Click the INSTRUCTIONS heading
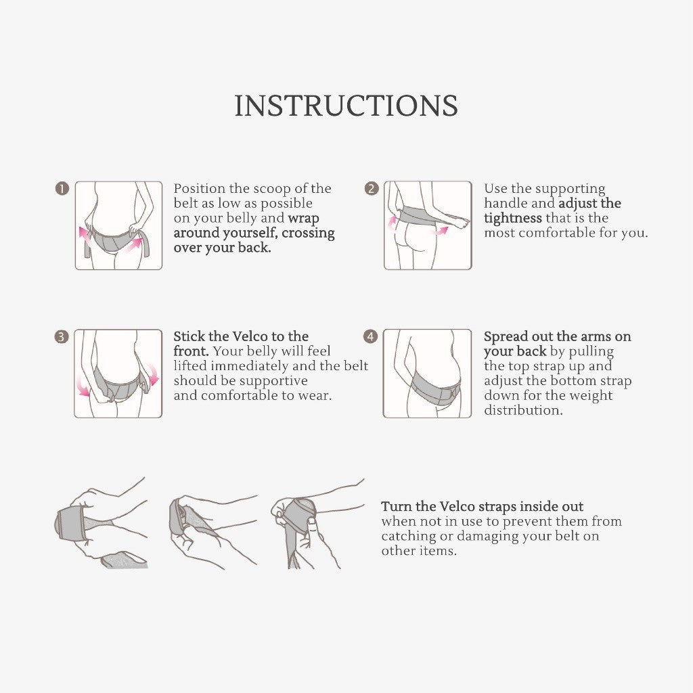346,106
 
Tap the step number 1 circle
62,189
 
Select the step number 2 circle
372,189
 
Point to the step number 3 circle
62,337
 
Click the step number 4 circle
370,337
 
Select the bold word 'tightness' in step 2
513,218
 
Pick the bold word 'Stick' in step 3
189,336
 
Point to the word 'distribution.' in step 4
523,410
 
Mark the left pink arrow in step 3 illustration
83,388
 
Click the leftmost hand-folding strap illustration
102,523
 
